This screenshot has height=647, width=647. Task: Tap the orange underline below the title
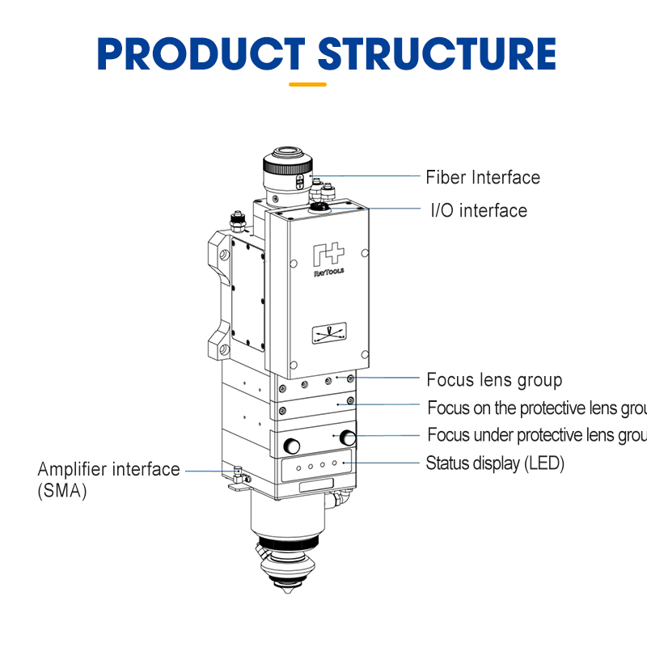308,83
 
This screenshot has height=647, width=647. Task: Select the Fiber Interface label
483,177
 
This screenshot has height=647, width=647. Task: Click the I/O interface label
479,210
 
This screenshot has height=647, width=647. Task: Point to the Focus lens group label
494,379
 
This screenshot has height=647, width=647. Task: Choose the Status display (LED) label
495,463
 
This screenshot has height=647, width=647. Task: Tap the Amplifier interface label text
109,469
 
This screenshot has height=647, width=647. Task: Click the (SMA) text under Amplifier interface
61,490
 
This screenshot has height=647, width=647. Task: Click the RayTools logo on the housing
328,261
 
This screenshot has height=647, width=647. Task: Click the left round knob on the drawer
291,445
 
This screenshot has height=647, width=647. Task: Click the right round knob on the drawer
349,438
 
